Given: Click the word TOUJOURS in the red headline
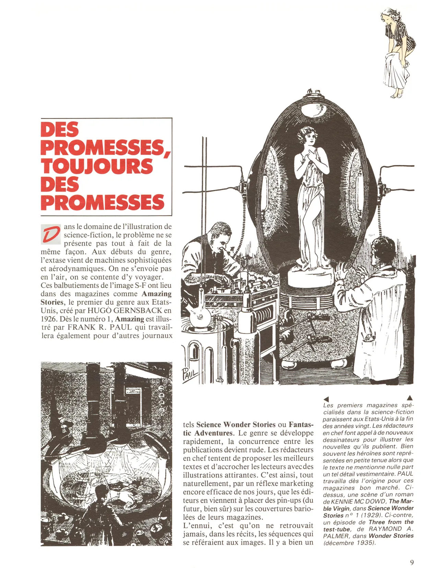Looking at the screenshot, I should point(97,166).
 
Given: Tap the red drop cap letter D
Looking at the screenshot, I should point(50,234).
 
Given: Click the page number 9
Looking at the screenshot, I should point(412,563).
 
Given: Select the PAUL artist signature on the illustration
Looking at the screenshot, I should point(190,375).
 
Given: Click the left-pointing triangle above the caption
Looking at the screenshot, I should point(326,398).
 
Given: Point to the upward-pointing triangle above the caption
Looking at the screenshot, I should point(410,398).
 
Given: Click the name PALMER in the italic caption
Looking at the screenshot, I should point(334,536).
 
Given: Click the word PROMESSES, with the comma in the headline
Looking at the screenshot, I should point(105,147).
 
